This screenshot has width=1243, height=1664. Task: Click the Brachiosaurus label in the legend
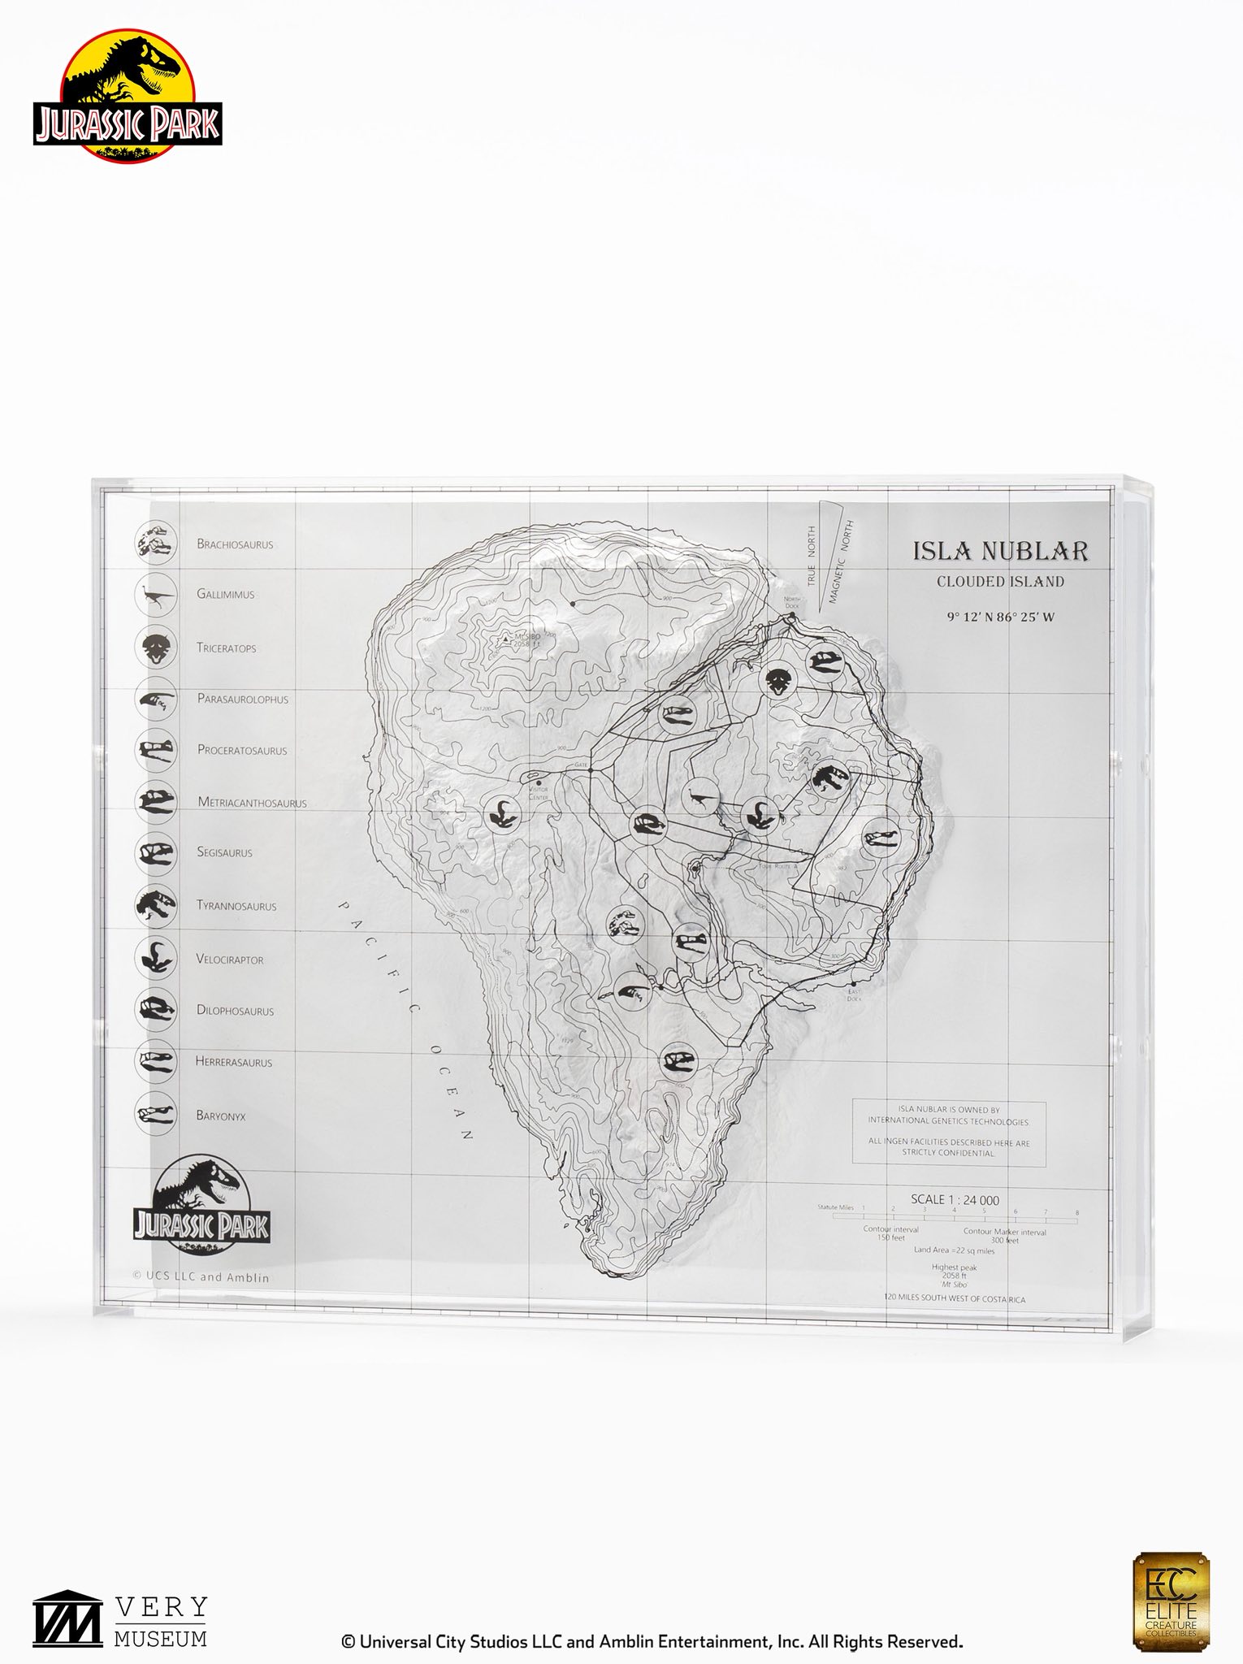pyautogui.click(x=235, y=544)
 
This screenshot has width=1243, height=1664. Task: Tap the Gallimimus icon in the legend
pyautogui.click(x=155, y=595)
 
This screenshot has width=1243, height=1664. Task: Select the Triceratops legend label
pyautogui.click(x=226, y=648)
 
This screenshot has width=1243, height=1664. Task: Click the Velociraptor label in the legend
pyautogui.click(x=230, y=960)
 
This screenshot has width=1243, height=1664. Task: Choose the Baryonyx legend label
pyautogui.click(x=220, y=1116)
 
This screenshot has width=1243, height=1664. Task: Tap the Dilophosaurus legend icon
pyautogui.click(x=155, y=1010)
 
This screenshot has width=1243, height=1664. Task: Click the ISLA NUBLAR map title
pyautogui.click(x=1000, y=551)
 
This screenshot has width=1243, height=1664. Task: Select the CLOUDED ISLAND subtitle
pyautogui.click(x=1000, y=582)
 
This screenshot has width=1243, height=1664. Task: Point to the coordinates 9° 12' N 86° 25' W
pyautogui.click(x=1000, y=617)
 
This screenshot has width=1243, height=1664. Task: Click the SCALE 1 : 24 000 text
pyautogui.click(x=955, y=1200)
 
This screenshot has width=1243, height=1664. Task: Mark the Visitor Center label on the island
pyautogui.click(x=538, y=792)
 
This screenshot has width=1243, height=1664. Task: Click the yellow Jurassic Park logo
pyautogui.click(x=128, y=96)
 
